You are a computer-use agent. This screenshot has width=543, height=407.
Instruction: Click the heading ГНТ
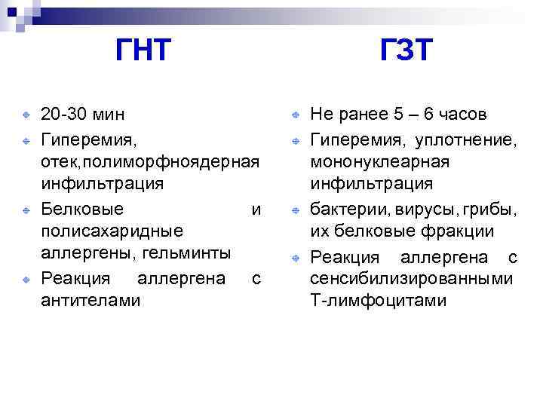click(x=143, y=52)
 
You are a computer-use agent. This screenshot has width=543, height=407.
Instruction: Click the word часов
click(x=462, y=115)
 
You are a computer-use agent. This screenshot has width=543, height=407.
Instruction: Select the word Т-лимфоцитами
click(x=379, y=301)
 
